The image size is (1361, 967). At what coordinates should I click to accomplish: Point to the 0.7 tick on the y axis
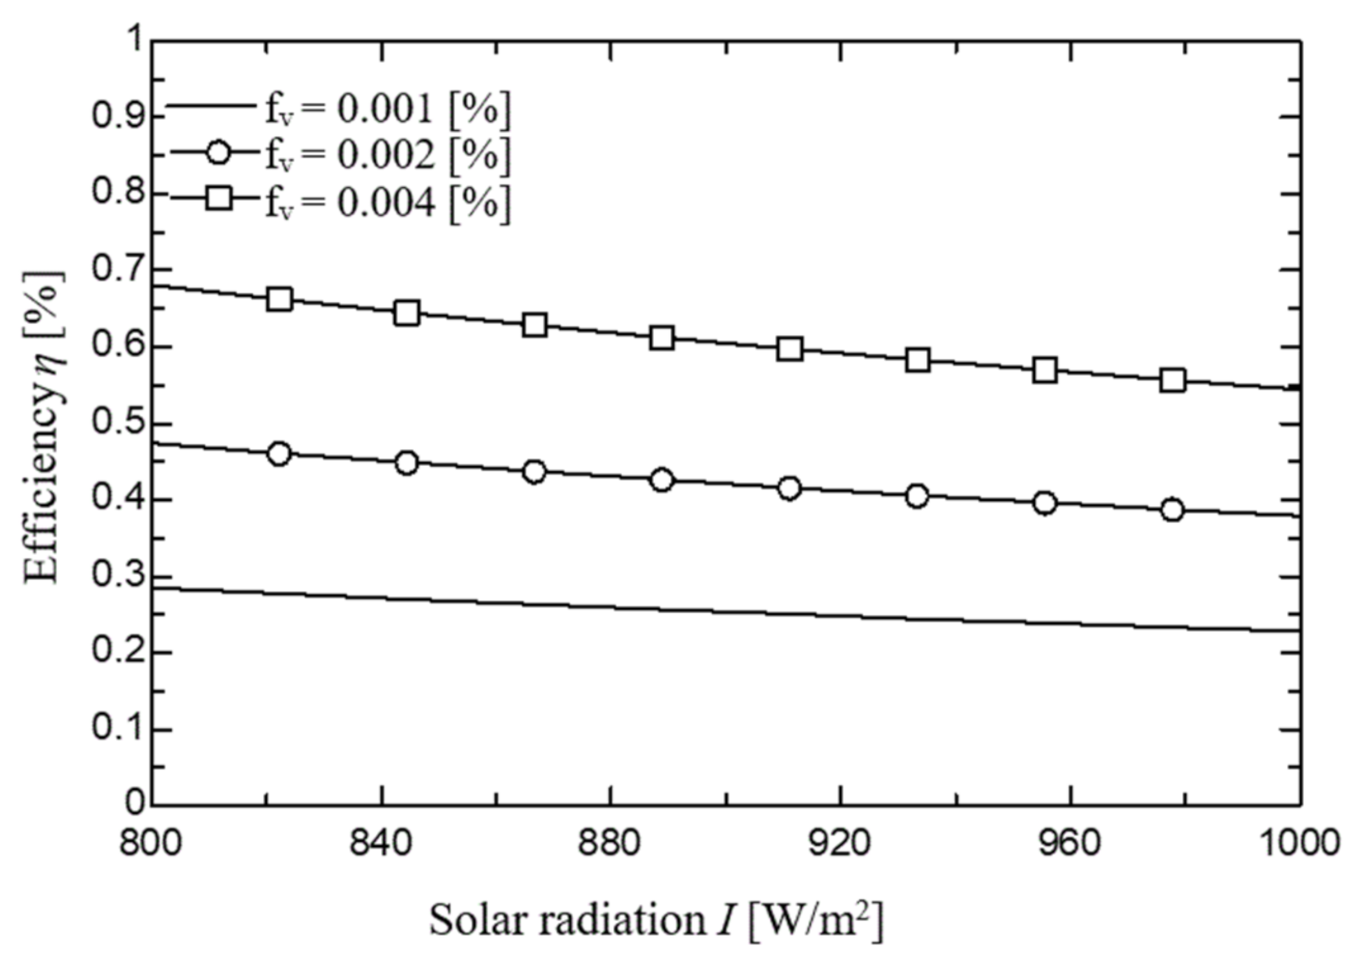[x=118, y=270]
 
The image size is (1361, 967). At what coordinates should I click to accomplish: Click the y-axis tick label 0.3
[x=118, y=577]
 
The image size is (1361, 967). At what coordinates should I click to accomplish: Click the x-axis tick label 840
[x=381, y=843]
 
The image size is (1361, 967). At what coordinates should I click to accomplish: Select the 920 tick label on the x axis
[x=840, y=843]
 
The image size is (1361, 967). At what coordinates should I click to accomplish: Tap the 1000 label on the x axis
[x=1300, y=843]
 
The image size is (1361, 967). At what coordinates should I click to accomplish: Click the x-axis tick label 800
[x=151, y=843]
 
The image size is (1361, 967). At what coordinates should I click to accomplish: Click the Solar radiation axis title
[x=656, y=920]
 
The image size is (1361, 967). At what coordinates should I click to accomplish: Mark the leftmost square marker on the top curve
[x=279, y=300]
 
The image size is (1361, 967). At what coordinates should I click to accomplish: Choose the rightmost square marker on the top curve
[x=1173, y=380]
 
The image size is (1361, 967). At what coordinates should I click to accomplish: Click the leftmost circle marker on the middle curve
[x=279, y=454]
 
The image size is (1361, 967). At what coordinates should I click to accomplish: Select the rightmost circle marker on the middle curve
[x=1173, y=510]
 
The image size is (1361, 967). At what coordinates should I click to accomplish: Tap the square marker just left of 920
[x=789, y=349]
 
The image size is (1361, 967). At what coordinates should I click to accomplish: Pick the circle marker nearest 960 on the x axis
[x=1044, y=503]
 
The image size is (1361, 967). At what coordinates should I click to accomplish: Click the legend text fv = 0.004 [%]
[x=387, y=202]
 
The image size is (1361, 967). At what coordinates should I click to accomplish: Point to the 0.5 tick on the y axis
[x=118, y=424]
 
